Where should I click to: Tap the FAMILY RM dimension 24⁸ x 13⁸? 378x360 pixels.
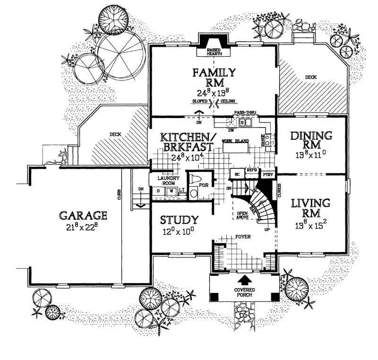click(214, 92)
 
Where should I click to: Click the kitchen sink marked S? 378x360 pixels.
click(242, 123)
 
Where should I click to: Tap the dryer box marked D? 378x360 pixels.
click(159, 191)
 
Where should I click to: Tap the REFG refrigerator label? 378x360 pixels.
click(251, 169)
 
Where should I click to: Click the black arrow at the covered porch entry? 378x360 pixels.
click(244, 279)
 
